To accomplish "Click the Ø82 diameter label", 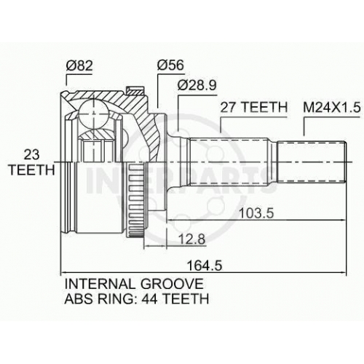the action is click(79, 66).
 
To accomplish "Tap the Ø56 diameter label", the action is click(170, 65).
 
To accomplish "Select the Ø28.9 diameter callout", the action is click(197, 85).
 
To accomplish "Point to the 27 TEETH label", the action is click(253, 107).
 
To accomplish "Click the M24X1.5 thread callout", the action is click(332, 108).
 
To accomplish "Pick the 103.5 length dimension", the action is click(256, 213).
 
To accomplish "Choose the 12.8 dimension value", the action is click(191, 239).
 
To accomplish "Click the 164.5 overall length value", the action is click(205, 265).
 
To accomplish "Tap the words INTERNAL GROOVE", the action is click(134, 284).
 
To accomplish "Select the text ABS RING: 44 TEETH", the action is click(137, 298).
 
